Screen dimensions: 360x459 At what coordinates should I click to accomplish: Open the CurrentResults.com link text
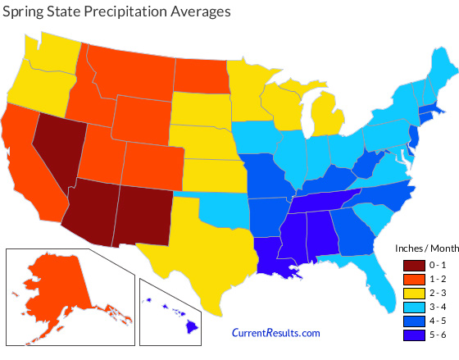[276, 332]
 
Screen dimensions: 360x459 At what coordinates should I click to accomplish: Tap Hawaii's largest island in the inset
[190, 328]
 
